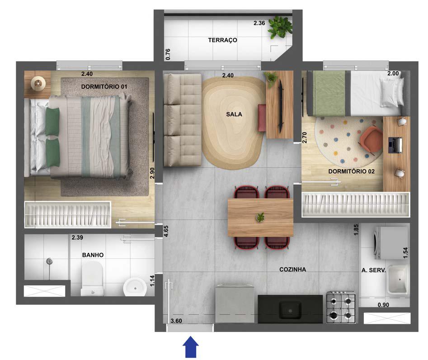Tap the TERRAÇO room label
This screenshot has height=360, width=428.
222,40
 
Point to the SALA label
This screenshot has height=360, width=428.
234,114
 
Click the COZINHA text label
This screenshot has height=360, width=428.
292,270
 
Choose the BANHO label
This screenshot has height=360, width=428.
93,255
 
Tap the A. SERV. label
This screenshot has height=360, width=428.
373,270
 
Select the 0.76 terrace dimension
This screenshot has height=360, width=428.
168,54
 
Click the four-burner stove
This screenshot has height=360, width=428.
341,307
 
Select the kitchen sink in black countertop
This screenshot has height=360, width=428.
290,309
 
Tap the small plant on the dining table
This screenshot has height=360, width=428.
260,217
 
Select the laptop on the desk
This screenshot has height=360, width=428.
396,145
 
